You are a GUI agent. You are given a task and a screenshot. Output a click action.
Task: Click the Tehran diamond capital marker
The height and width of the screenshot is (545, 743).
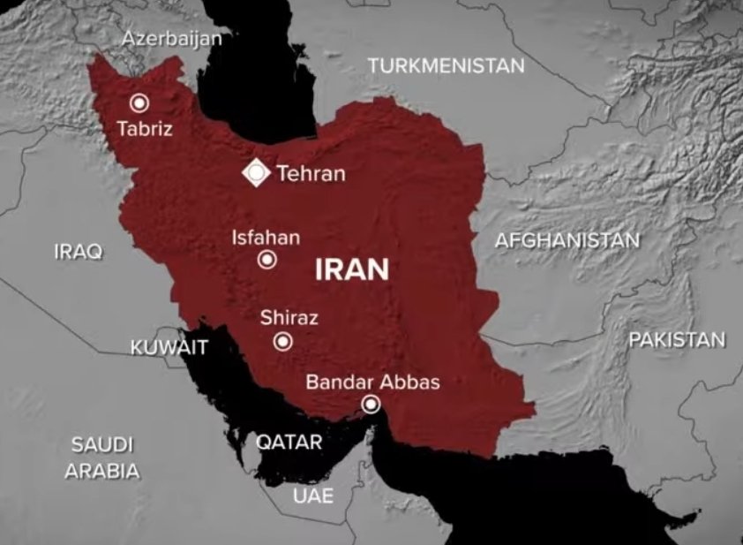point(256,173)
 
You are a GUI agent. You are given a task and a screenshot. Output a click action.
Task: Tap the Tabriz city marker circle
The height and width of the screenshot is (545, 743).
point(139,103)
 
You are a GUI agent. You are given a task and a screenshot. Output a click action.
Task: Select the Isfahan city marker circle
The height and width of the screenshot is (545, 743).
point(266,260)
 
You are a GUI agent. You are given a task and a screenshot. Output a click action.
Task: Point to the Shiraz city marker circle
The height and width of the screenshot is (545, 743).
point(282,342)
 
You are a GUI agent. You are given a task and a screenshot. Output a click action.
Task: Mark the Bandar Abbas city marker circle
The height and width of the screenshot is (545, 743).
point(371,405)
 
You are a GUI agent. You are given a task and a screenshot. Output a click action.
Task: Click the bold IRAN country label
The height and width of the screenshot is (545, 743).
point(352,269)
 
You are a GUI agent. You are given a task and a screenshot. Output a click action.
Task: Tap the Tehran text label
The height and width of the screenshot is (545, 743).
point(311,174)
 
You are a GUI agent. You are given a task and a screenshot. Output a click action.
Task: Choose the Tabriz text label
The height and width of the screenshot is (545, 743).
point(145,129)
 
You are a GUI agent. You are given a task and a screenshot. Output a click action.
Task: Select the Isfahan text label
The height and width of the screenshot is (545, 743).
point(266,238)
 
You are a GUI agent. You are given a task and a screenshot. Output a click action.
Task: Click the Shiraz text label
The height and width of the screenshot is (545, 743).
point(289,318)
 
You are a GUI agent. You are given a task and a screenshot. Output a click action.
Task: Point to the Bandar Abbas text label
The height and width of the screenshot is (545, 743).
point(372,382)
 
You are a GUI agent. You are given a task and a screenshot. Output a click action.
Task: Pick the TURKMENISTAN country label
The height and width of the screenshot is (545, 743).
point(446,65)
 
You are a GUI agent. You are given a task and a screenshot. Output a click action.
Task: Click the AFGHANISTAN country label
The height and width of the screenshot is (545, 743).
point(567,240)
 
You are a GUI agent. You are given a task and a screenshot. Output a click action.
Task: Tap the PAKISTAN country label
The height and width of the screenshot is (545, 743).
point(677,340)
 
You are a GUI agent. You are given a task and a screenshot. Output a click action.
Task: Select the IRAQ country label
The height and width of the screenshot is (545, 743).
point(78,252)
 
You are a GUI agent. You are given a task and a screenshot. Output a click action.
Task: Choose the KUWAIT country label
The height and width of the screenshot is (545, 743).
point(169,348)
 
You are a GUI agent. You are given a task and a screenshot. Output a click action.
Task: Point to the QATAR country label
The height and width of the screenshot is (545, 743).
point(289,442)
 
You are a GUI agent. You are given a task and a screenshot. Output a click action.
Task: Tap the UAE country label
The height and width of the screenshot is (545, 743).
point(313,496)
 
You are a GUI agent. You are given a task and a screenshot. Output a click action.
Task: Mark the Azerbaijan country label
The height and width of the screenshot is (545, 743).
point(171,39)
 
